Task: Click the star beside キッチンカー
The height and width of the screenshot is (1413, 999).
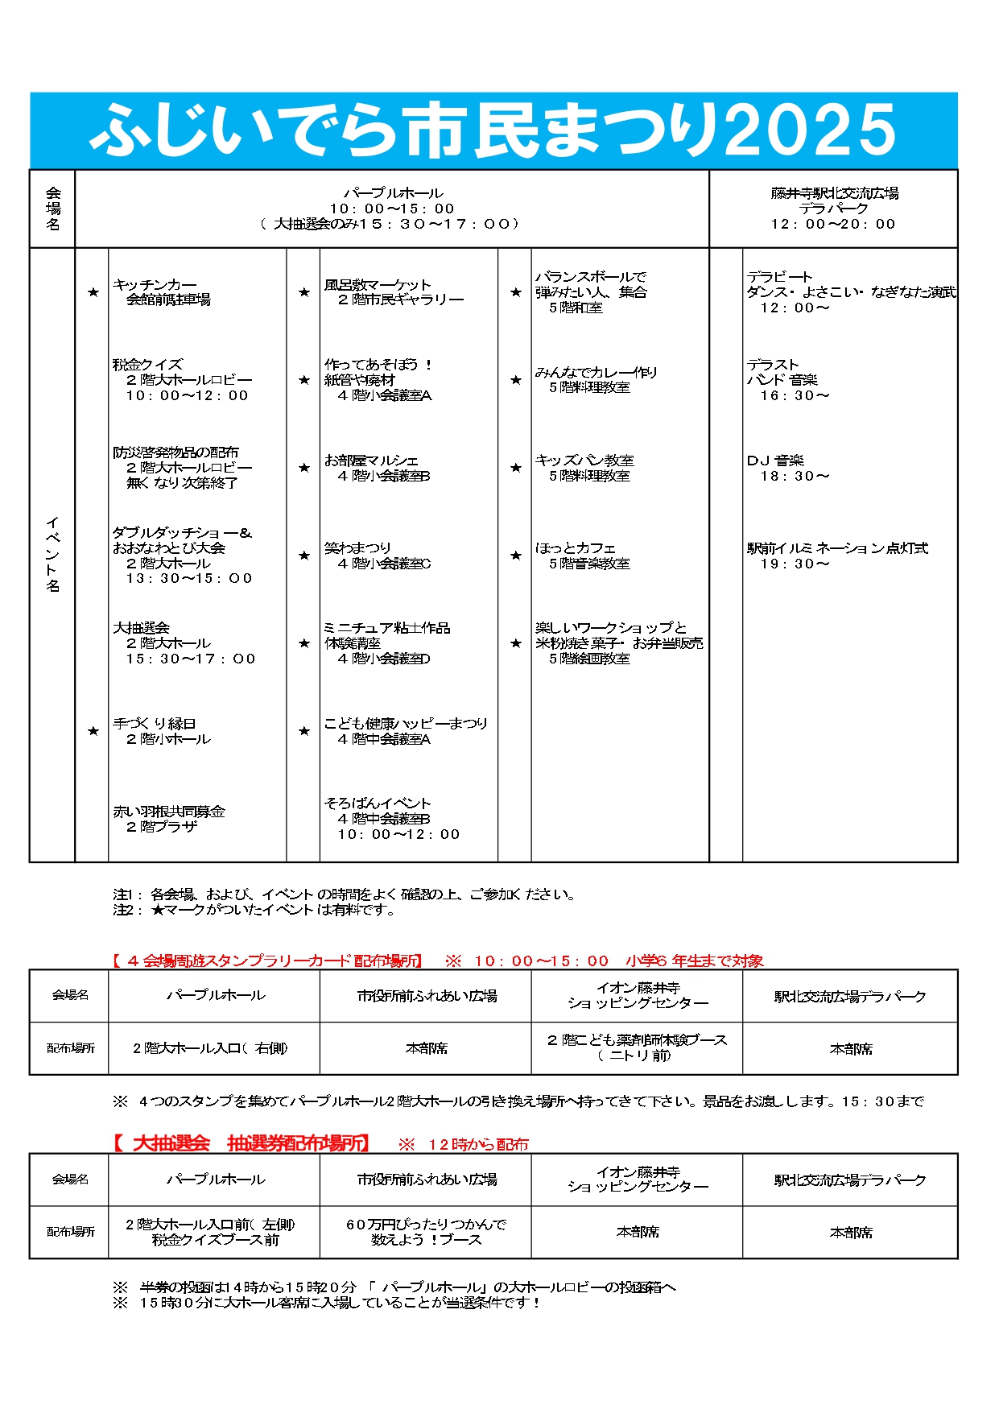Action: (x=93, y=292)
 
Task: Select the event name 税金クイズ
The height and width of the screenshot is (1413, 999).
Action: (x=147, y=365)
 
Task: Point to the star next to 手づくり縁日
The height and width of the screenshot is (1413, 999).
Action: (x=93, y=731)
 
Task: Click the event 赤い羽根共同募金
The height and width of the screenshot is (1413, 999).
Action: (x=169, y=812)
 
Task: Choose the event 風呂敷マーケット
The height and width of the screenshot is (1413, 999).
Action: (x=378, y=285)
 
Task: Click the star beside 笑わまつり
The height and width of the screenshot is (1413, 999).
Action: (x=304, y=556)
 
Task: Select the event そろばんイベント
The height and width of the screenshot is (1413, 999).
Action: (x=378, y=804)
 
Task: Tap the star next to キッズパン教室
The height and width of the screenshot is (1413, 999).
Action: (x=516, y=468)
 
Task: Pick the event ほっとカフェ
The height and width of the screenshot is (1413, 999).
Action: (x=575, y=548)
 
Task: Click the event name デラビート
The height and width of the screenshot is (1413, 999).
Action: (x=779, y=277)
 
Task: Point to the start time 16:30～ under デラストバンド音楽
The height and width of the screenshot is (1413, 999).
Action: (x=794, y=395)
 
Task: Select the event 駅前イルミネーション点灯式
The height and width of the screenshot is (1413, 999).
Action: (x=837, y=548)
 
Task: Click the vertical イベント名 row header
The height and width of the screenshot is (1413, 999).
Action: (x=52, y=555)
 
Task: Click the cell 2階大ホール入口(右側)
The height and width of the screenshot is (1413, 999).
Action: (x=210, y=1048)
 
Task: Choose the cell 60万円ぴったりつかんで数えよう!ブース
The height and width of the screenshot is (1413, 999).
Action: (x=426, y=1232)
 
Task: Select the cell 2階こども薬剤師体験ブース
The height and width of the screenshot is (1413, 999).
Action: (x=637, y=1040)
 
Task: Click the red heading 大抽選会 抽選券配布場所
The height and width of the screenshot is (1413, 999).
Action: (x=241, y=1143)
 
